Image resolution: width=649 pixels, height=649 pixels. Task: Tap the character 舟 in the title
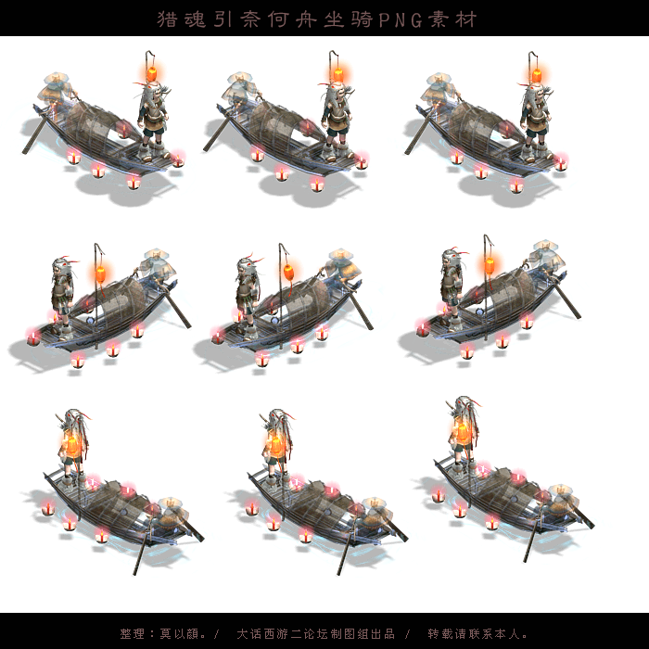coord(305,19)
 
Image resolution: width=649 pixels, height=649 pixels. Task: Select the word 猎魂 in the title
coord(182,19)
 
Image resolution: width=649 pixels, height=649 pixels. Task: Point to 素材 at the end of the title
coord(452,19)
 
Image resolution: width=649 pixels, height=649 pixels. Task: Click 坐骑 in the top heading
coord(348,19)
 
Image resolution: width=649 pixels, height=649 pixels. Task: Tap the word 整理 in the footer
coord(133,633)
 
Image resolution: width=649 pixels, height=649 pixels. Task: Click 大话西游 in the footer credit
coord(262,633)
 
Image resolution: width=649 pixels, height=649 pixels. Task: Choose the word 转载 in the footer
coord(440,633)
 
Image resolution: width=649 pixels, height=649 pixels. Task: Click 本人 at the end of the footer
coord(506,633)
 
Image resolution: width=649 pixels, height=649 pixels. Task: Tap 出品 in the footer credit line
coord(382,633)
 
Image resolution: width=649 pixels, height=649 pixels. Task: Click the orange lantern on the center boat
coord(288,273)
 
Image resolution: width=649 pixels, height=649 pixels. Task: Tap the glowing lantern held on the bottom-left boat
coord(72,444)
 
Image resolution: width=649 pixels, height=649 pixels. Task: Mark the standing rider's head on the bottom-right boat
coord(465,407)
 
